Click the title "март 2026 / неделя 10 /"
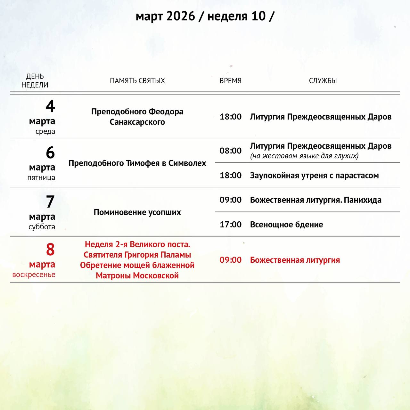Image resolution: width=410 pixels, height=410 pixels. pos(205,16)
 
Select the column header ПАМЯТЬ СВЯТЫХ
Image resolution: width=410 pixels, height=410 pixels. pos(137,81)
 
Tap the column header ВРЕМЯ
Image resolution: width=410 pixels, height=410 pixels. pos(230,81)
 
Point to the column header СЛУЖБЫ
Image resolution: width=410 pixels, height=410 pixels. pos(323,81)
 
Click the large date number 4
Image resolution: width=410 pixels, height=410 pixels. pos(50,106)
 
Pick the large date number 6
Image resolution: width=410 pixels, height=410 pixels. pos(50,153)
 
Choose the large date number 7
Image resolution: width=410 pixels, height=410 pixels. pos(50,202)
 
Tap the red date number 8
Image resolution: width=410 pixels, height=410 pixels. pos(50,250)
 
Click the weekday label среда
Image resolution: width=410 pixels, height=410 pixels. pos(45,131)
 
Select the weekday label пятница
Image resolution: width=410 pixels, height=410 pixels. pos(41,177)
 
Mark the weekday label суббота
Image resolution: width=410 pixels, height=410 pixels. pos(42,227)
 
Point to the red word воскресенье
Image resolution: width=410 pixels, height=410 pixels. pos(34,275)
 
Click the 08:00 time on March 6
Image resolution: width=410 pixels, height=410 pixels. pos(230,151)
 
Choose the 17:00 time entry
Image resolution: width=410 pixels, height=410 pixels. pos(230,225)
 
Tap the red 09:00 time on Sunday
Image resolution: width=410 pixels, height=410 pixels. pos(230,260)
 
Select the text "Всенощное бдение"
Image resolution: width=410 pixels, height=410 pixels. pos(286,225)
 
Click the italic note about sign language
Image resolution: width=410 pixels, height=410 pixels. pos(304,156)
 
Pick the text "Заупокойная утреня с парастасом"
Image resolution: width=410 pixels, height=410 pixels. pos(314,176)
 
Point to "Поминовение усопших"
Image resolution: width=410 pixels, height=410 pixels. pos(137,212)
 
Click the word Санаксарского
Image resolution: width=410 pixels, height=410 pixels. pos(137,122)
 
